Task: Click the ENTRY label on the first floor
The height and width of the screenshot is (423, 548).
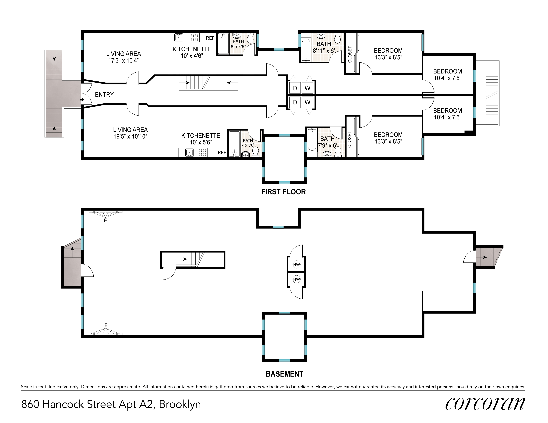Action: click(104, 95)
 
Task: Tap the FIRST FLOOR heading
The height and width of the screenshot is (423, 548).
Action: click(284, 192)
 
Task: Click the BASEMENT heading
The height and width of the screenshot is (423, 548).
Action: click(284, 374)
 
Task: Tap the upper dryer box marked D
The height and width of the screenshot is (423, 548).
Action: click(295, 88)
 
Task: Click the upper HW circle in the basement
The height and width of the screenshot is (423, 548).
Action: click(297, 264)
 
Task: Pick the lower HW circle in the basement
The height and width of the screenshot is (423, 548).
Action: click(297, 279)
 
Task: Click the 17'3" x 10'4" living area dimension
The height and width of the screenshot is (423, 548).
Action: click(123, 60)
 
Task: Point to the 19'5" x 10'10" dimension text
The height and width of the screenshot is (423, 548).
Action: click(130, 136)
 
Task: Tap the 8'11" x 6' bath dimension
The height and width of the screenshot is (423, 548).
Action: click(324, 51)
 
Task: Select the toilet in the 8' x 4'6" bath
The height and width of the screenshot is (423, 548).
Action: click(250, 39)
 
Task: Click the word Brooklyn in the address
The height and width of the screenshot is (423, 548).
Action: click(180, 404)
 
